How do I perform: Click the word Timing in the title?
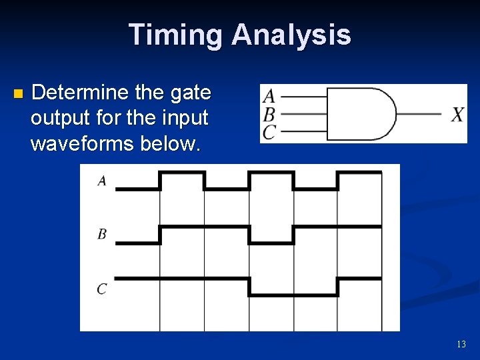175,35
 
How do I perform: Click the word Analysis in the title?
291,35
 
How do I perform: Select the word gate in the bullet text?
191,92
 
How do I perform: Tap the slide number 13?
461,344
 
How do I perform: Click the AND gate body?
360,113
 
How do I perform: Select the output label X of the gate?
458,115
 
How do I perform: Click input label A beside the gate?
269,95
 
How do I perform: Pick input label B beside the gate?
269,114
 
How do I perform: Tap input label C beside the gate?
269,132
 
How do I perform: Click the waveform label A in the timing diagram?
102,181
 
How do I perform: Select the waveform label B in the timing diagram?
102,234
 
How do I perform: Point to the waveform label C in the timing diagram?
102,289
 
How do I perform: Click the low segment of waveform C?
293,295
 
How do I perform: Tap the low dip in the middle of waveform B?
271,243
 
